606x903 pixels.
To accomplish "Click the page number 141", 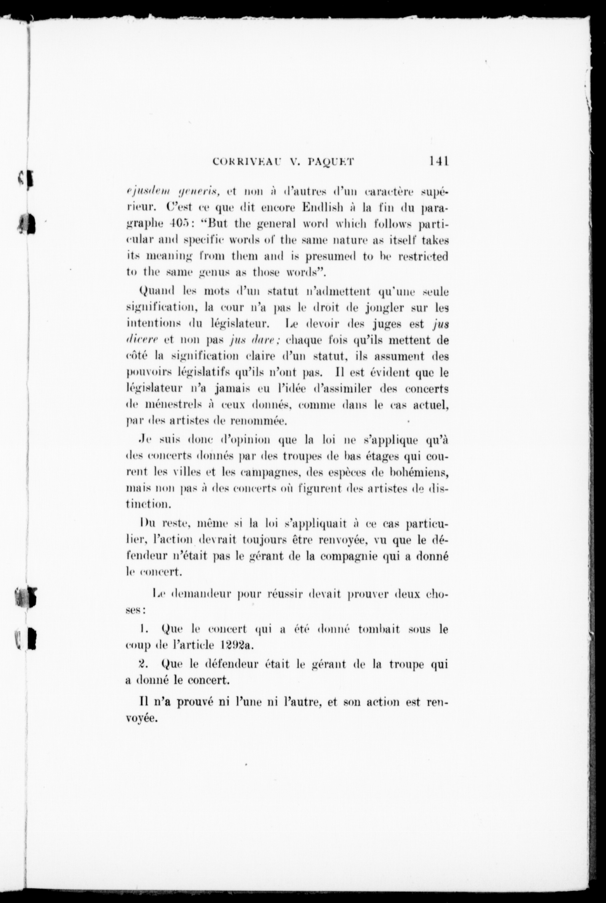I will (438, 161).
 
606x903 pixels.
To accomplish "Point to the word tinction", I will (146, 505).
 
